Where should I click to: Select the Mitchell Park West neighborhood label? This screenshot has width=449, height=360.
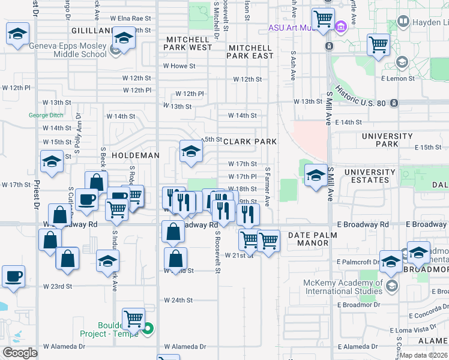[x=188, y=43]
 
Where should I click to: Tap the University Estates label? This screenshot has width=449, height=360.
[x=370, y=176]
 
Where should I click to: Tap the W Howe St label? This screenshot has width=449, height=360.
[x=179, y=66]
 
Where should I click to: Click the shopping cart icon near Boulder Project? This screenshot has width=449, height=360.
[x=133, y=318]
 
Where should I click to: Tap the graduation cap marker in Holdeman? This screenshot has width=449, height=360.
[x=191, y=151]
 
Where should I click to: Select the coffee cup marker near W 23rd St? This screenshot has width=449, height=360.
[x=13, y=277]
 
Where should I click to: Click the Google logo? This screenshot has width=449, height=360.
[x=20, y=353]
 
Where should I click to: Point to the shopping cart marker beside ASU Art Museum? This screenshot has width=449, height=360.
[x=323, y=19]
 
